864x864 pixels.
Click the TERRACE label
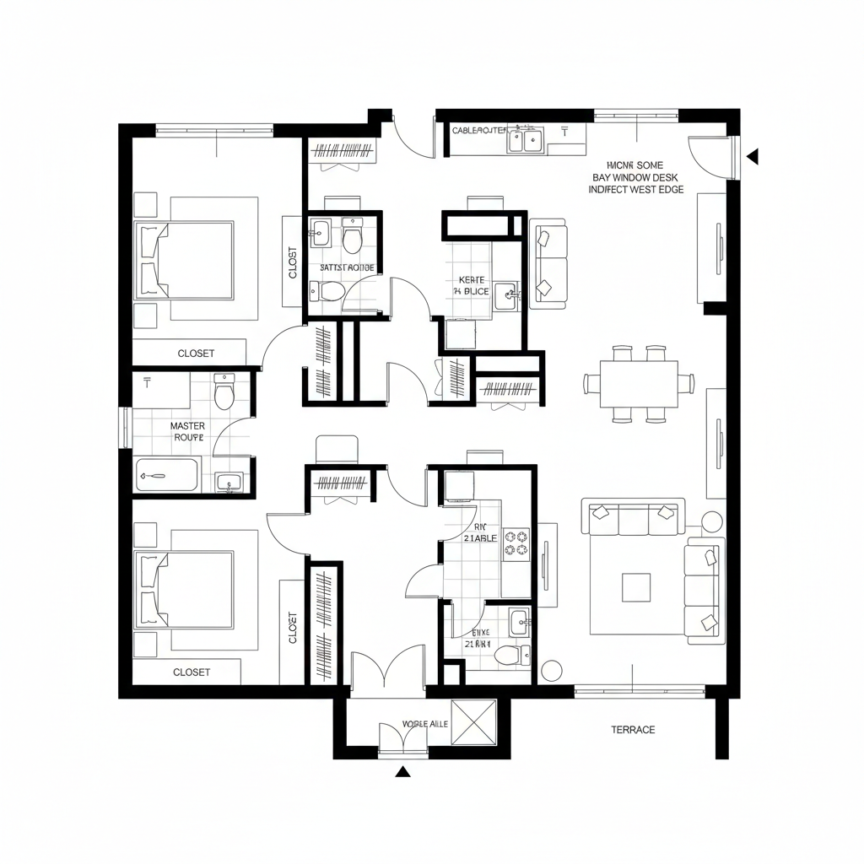[632, 730]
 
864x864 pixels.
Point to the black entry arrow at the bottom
[403, 770]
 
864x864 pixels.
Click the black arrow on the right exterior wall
[753, 156]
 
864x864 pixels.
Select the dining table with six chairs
[639, 383]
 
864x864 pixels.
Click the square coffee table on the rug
[636, 587]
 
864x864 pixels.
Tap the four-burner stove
[516, 543]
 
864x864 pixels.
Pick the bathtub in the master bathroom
[167, 475]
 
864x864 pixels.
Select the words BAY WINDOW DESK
[635, 178]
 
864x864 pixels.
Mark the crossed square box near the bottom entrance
[474, 722]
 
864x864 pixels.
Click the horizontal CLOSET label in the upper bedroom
[196, 354]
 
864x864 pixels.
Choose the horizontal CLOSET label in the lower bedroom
[192, 672]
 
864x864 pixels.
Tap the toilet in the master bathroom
[224, 394]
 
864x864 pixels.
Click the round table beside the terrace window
[552, 671]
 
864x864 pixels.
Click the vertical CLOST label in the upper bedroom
[293, 262]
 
